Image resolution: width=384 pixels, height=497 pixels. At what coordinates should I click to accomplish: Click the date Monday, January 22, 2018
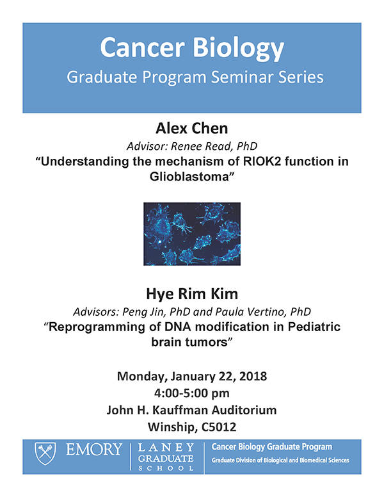[192, 376]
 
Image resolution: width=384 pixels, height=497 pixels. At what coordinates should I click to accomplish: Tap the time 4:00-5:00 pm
[192, 393]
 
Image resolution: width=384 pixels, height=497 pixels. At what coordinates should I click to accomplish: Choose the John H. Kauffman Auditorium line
[192, 409]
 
